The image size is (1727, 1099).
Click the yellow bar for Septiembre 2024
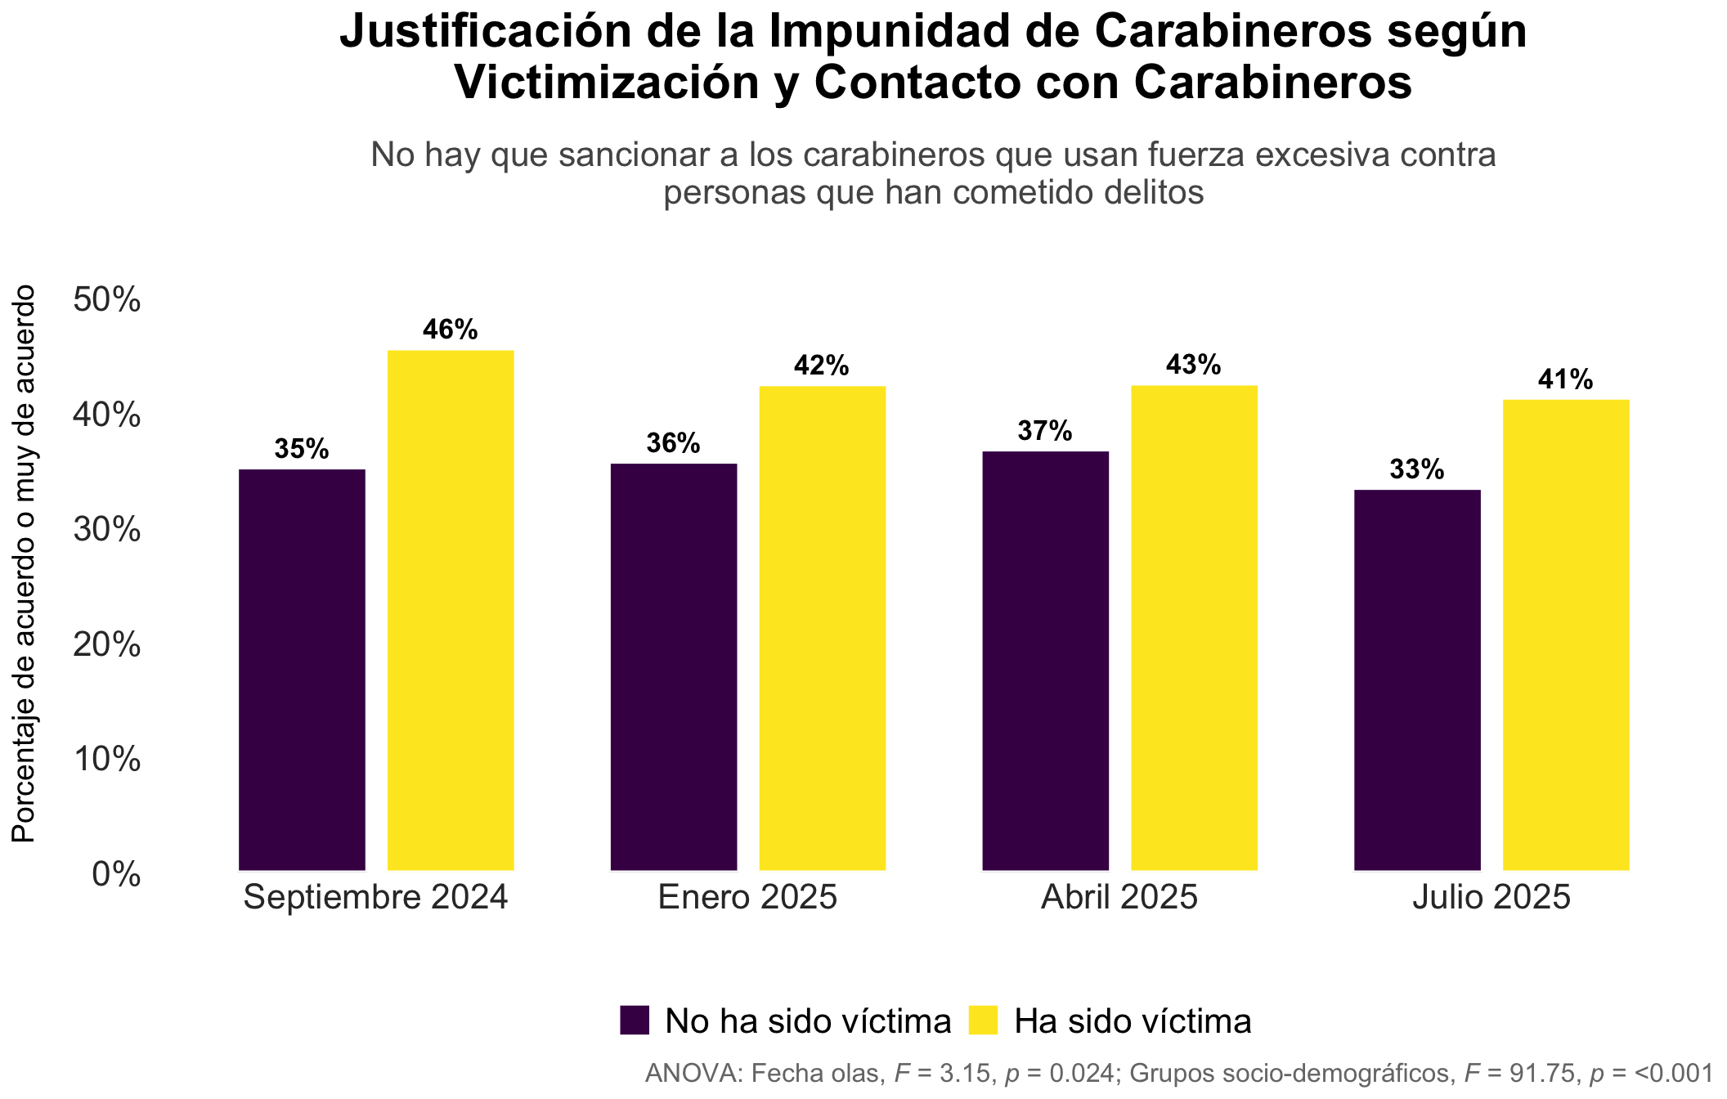[451, 611]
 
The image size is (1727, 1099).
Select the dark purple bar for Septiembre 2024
[302, 671]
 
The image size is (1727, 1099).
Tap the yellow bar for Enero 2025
[823, 629]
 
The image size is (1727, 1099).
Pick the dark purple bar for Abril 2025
[1046, 662]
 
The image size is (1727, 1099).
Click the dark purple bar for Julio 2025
[1418, 680]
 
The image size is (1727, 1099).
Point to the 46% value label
[451, 330]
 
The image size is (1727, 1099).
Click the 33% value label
[1417, 469]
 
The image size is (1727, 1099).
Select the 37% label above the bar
[1045, 431]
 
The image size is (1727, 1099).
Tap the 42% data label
[822, 366]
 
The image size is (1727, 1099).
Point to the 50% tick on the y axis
[107, 300]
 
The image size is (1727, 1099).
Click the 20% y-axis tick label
[107, 646]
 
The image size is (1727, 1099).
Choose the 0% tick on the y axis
[116, 875]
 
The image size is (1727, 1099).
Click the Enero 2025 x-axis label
[748, 897]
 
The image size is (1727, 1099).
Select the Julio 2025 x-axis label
[1492, 897]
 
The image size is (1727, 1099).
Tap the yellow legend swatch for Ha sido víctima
[983, 1020]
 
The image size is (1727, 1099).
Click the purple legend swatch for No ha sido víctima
[635, 1020]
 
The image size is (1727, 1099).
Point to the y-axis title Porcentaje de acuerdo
[24, 563]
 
